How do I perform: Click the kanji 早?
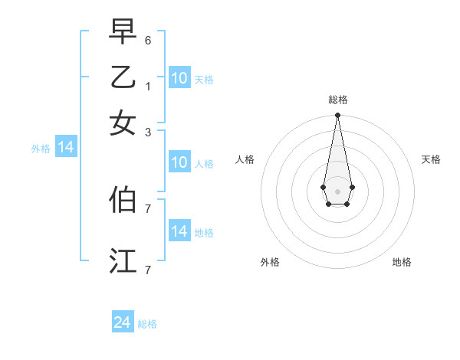click(x=123, y=33)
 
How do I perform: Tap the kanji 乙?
click(x=123, y=78)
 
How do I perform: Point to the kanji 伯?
click(x=123, y=200)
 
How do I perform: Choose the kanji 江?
click(x=123, y=261)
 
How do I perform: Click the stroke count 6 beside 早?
click(x=147, y=39)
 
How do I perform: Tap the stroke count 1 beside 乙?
click(x=147, y=85)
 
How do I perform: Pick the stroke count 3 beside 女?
click(x=147, y=131)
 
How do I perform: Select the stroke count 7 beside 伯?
click(x=147, y=208)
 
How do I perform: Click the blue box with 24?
click(x=123, y=322)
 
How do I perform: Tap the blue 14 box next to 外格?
click(x=66, y=148)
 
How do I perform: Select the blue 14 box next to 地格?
click(x=179, y=231)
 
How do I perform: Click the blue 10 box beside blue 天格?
click(x=179, y=78)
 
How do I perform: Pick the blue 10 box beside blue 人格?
click(x=179, y=162)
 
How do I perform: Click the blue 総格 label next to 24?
click(x=147, y=324)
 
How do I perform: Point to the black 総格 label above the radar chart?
click(x=337, y=100)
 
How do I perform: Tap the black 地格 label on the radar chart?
click(x=402, y=262)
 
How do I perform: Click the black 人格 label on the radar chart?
click(x=245, y=159)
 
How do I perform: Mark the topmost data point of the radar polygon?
click(x=337, y=116)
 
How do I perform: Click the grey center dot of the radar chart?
click(x=337, y=191)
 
